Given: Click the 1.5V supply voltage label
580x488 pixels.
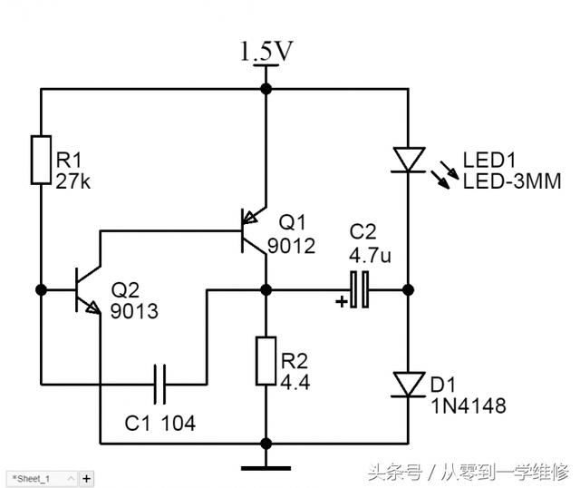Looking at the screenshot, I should [x=266, y=52].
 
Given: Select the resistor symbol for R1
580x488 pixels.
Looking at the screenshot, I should [x=40, y=160].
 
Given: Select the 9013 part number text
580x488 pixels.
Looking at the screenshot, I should [x=135, y=311].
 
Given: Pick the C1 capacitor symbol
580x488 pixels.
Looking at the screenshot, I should [x=161, y=384].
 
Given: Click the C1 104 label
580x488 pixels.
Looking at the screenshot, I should [x=159, y=423].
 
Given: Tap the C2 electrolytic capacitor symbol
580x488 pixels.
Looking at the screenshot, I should [x=360, y=290].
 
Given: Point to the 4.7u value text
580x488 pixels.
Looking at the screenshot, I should [x=371, y=256].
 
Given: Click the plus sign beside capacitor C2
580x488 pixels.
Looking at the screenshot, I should [x=341, y=302].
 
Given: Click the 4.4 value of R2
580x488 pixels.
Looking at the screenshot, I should [x=295, y=383].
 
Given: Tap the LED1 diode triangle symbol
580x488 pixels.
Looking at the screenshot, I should [x=408, y=160].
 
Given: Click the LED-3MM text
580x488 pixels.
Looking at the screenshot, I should [x=512, y=181].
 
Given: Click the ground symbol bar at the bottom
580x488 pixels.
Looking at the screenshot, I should [x=266, y=468].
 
